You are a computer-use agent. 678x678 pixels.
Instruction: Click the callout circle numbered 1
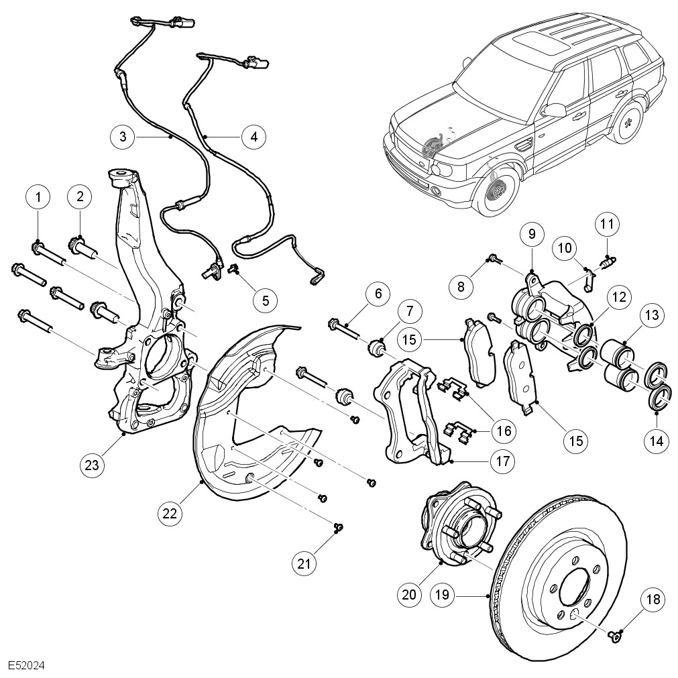[x=38, y=197]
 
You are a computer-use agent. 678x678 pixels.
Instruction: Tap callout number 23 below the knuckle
[x=93, y=464]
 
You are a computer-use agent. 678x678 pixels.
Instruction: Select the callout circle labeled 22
[x=170, y=513]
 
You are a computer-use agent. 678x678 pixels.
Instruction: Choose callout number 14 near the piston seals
[x=655, y=441]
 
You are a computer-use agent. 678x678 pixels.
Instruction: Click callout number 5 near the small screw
[x=266, y=300]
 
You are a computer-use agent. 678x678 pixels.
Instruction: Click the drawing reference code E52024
[x=27, y=667]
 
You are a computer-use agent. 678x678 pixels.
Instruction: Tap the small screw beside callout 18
[x=614, y=634]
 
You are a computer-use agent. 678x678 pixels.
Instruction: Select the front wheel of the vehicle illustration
[x=498, y=193]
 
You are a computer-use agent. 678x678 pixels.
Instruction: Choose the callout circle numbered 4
[x=253, y=137]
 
